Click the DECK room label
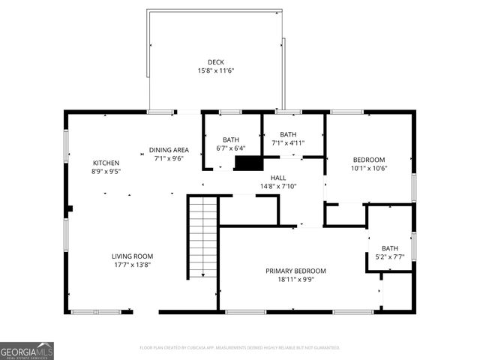216,62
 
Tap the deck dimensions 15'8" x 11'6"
216,70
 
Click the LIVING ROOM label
133,256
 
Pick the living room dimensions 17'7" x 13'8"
133,265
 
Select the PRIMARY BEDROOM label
295,271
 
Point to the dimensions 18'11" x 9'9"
295,279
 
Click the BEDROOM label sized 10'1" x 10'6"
369,160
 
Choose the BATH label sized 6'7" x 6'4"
231,139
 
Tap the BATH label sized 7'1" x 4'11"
288,134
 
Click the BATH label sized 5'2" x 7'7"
390,248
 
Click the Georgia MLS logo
27,351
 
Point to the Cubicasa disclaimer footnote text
240,348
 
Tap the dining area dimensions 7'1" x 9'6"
169,158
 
